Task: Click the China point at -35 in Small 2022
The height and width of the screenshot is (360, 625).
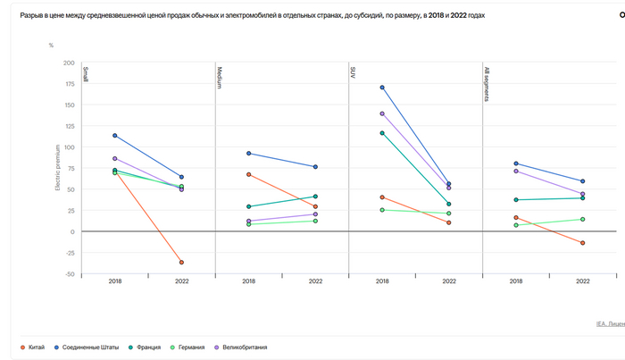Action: pyautogui.click(x=181, y=262)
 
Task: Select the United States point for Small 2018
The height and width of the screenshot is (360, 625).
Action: pyautogui.click(x=115, y=136)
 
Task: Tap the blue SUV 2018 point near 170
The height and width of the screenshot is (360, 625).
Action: pyautogui.click(x=382, y=88)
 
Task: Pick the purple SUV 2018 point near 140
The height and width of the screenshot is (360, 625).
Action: pyautogui.click(x=382, y=113)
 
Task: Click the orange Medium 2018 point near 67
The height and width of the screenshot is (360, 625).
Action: pyautogui.click(x=249, y=174)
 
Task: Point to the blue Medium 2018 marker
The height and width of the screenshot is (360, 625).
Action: pyautogui.click(x=249, y=154)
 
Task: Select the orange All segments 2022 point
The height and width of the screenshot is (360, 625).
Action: pyautogui.click(x=582, y=243)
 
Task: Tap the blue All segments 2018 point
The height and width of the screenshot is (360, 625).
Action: pyautogui.click(x=516, y=163)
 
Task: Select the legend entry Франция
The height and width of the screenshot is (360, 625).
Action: pyautogui.click(x=153, y=347)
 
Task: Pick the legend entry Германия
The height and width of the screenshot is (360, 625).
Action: pyautogui.click(x=202, y=347)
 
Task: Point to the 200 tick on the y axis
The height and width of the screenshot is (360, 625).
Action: pyautogui.click(x=69, y=63)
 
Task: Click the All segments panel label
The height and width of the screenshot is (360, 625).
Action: pyautogui.click(x=487, y=83)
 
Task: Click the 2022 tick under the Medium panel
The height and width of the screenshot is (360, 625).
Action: pyautogui.click(x=315, y=281)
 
